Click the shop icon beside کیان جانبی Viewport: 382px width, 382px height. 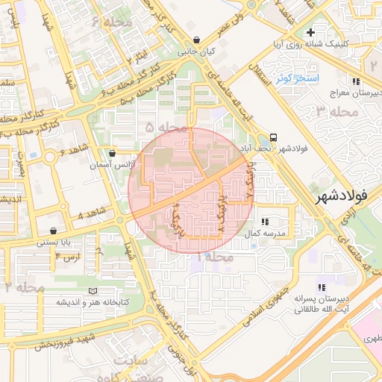tap(195, 40)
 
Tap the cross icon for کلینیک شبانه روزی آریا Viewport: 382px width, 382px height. tap(310, 32)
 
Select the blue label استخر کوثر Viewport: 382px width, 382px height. tap(297, 78)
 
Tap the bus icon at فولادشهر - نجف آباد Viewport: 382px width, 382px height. tap(274, 138)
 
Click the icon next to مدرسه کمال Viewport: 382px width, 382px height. tap(265, 222)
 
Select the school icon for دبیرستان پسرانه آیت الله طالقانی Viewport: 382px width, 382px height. tap(322, 286)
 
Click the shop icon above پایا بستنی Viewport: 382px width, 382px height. tap(53, 231)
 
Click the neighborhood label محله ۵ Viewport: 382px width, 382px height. tap(165, 128)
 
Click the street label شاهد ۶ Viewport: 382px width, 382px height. tap(72, 153)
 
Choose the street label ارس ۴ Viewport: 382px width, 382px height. tap(67, 257)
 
